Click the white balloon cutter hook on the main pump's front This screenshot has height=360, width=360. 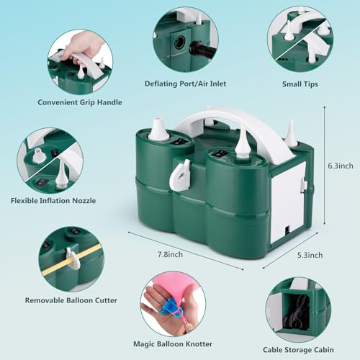click(180, 175)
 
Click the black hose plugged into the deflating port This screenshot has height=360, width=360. click(202, 50)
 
